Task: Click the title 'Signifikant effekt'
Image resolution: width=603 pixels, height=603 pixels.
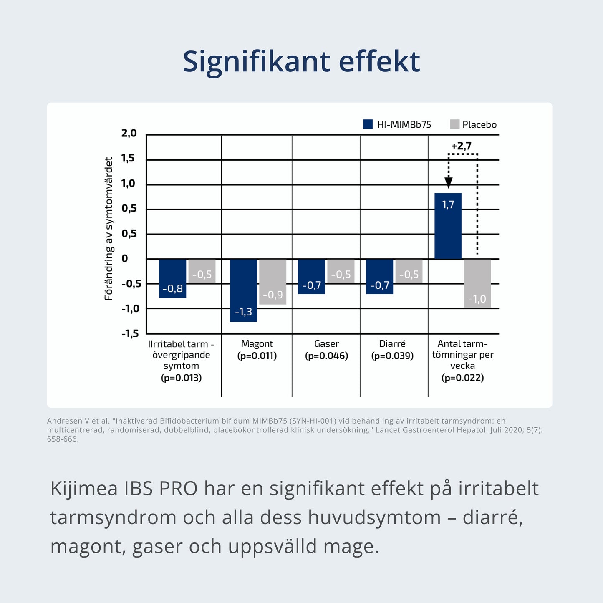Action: point(301,62)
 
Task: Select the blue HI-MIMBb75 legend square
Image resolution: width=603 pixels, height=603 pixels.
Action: point(368,124)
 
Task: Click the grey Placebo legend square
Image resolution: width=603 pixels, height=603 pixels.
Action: point(454,124)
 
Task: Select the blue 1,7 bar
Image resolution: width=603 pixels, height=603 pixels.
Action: point(448,226)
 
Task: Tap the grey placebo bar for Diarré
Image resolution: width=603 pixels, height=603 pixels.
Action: point(409,271)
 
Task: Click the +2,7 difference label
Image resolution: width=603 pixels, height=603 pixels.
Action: point(461,146)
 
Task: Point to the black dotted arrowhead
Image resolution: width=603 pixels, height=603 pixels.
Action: point(448,182)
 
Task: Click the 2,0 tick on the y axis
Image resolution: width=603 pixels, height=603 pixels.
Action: point(129,134)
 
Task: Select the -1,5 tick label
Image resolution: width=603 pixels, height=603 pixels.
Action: point(130,333)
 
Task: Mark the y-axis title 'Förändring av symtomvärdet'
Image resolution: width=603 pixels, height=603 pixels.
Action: point(109,229)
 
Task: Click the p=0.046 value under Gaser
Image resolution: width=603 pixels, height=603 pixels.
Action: point(326,356)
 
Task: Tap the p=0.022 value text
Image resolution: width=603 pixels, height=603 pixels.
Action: point(462,378)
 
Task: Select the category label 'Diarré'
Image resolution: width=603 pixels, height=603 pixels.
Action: point(392,344)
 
